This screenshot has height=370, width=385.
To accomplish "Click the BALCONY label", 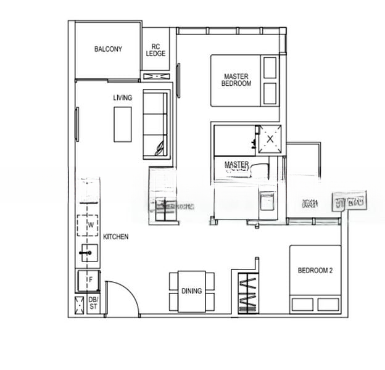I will pyautogui.click(x=108, y=49).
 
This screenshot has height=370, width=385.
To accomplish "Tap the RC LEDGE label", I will pyautogui.click(x=156, y=50).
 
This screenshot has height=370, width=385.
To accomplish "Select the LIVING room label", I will pyautogui.click(x=123, y=97).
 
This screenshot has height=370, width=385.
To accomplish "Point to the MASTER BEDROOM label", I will pyautogui.click(x=238, y=80).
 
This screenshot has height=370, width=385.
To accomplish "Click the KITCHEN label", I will pyautogui.click(x=115, y=237).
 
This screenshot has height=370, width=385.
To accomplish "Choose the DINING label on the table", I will pyautogui.click(x=192, y=291).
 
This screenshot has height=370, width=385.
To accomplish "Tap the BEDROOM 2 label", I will pyautogui.click(x=315, y=270).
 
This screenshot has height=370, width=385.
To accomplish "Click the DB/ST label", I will pyautogui.click(x=94, y=303).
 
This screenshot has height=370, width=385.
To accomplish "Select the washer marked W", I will pyautogui.click(x=90, y=224).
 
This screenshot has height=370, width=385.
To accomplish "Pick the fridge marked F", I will pyautogui.click(x=89, y=280).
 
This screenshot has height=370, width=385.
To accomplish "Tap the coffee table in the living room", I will pyautogui.click(x=122, y=124).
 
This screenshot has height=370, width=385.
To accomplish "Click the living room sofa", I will pyautogui.click(x=155, y=124).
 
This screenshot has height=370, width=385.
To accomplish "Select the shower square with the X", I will pyautogui.click(x=270, y=139).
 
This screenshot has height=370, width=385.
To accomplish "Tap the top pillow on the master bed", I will pyautogui.click(x=270, y=68).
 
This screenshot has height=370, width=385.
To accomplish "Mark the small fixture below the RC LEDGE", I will pyautogui.click(x=156, y=76).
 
